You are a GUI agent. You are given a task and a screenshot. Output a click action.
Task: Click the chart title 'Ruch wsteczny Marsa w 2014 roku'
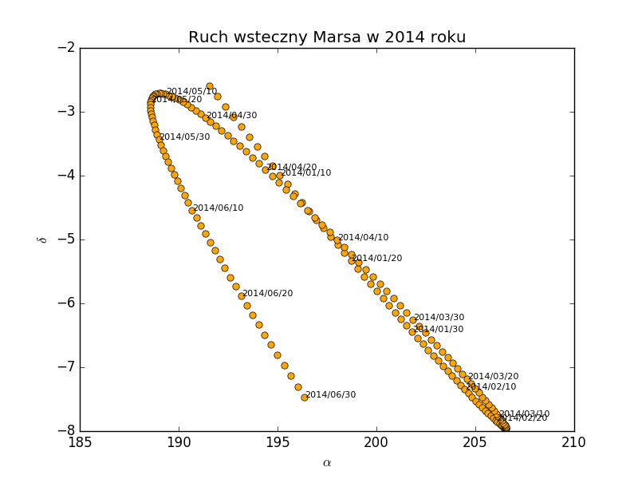(x=327, y=38)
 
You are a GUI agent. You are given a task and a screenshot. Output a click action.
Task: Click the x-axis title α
(x=327, y=463)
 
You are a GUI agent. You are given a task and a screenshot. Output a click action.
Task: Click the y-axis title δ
(x=42, y=239)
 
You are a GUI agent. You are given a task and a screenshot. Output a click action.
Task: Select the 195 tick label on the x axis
(x=278, y=442)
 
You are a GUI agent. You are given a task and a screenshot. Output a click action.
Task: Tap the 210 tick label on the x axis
(x=574, y=442)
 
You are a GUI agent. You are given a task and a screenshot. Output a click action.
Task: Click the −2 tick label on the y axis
(x=66, y=47)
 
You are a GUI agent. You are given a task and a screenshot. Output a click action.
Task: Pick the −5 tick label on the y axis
(x=66, y=239)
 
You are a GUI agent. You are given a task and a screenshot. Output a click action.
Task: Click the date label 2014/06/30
(x=331, y=395)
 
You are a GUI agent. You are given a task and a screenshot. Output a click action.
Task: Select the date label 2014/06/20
(x=268, y=294)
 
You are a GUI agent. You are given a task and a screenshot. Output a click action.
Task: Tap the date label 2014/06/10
(x=219, y=208)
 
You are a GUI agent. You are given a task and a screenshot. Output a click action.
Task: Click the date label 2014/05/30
(x=185, y=137)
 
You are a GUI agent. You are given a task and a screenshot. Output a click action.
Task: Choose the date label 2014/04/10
(x=364, y=238)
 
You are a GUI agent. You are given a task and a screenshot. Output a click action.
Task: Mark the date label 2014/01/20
(x=377, y=259)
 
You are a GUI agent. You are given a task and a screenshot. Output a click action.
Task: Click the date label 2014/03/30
(x=439, y=318)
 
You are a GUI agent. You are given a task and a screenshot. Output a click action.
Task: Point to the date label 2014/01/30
(x=438, y=330)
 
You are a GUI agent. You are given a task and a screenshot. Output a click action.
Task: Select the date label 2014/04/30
(x=232, y=116)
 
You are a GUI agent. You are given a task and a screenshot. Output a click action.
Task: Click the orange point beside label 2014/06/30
(x=304, y=397)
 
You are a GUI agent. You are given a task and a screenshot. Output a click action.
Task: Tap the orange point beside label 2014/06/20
(x=242, y=296)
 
